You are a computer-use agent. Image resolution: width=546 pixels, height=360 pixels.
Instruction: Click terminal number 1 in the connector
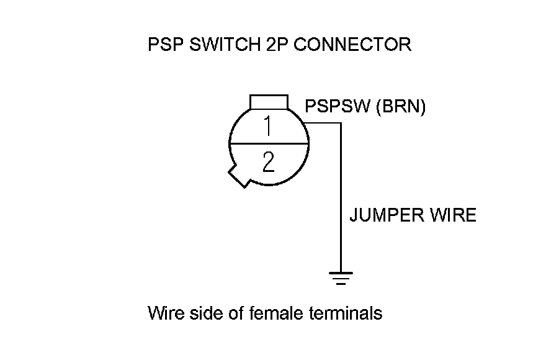(267, 126)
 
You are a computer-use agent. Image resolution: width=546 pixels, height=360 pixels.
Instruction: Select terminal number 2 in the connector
(268, 163)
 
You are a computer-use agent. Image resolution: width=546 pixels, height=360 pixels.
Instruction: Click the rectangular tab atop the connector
(269, 102)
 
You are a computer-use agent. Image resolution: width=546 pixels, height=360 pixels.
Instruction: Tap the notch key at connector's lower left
(238, 176)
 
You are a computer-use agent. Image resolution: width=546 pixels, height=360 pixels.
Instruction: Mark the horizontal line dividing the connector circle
(269, 144)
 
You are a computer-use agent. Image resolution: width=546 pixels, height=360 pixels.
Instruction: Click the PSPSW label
(336, 107)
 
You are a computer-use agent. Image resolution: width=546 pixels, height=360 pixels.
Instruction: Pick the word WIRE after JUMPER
(452, 215)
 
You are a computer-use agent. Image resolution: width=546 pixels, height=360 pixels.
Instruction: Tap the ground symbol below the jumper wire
(341, 277)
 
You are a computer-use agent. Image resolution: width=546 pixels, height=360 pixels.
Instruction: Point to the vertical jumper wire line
(341, 199)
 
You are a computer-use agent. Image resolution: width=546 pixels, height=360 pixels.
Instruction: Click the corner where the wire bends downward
(341, 123)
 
